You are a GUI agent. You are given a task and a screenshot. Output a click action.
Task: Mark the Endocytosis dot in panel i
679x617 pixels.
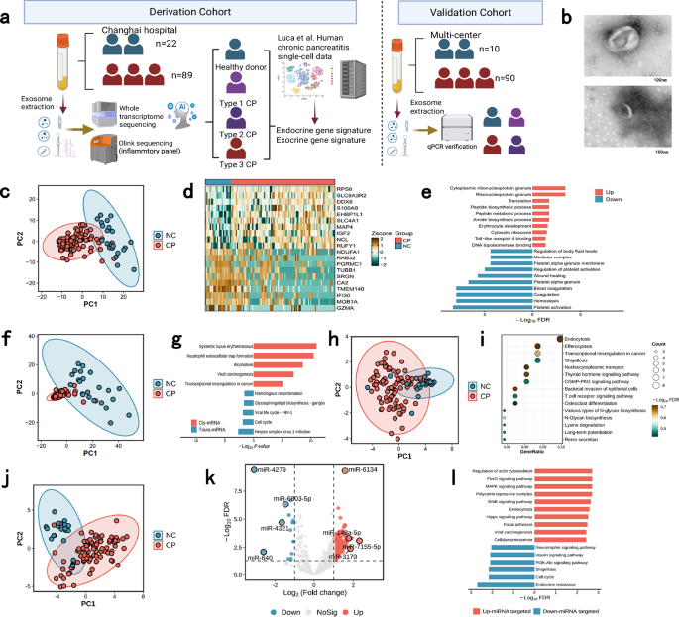[x=560, y=340]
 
